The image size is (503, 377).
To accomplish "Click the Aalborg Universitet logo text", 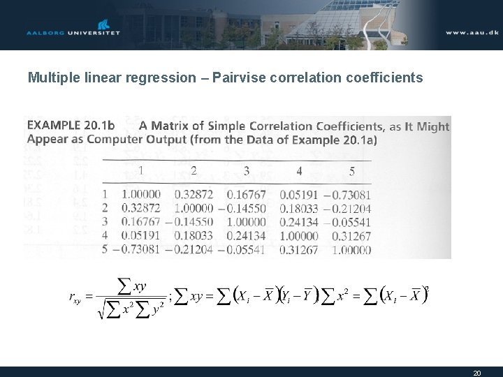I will click(73, 32).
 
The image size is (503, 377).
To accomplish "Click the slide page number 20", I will click(476, 373).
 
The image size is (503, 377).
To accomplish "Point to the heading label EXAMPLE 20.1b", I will click(71, 126).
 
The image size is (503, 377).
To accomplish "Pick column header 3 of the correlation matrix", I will click(246, 170).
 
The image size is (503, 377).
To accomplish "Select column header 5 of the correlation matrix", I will click(351, 170).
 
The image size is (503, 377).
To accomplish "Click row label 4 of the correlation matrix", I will click(105, 236).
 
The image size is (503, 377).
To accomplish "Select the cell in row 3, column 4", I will click(298, 222).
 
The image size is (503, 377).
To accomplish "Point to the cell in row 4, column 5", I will click(351, 236).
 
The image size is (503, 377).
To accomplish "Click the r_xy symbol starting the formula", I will click(75, 298).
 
